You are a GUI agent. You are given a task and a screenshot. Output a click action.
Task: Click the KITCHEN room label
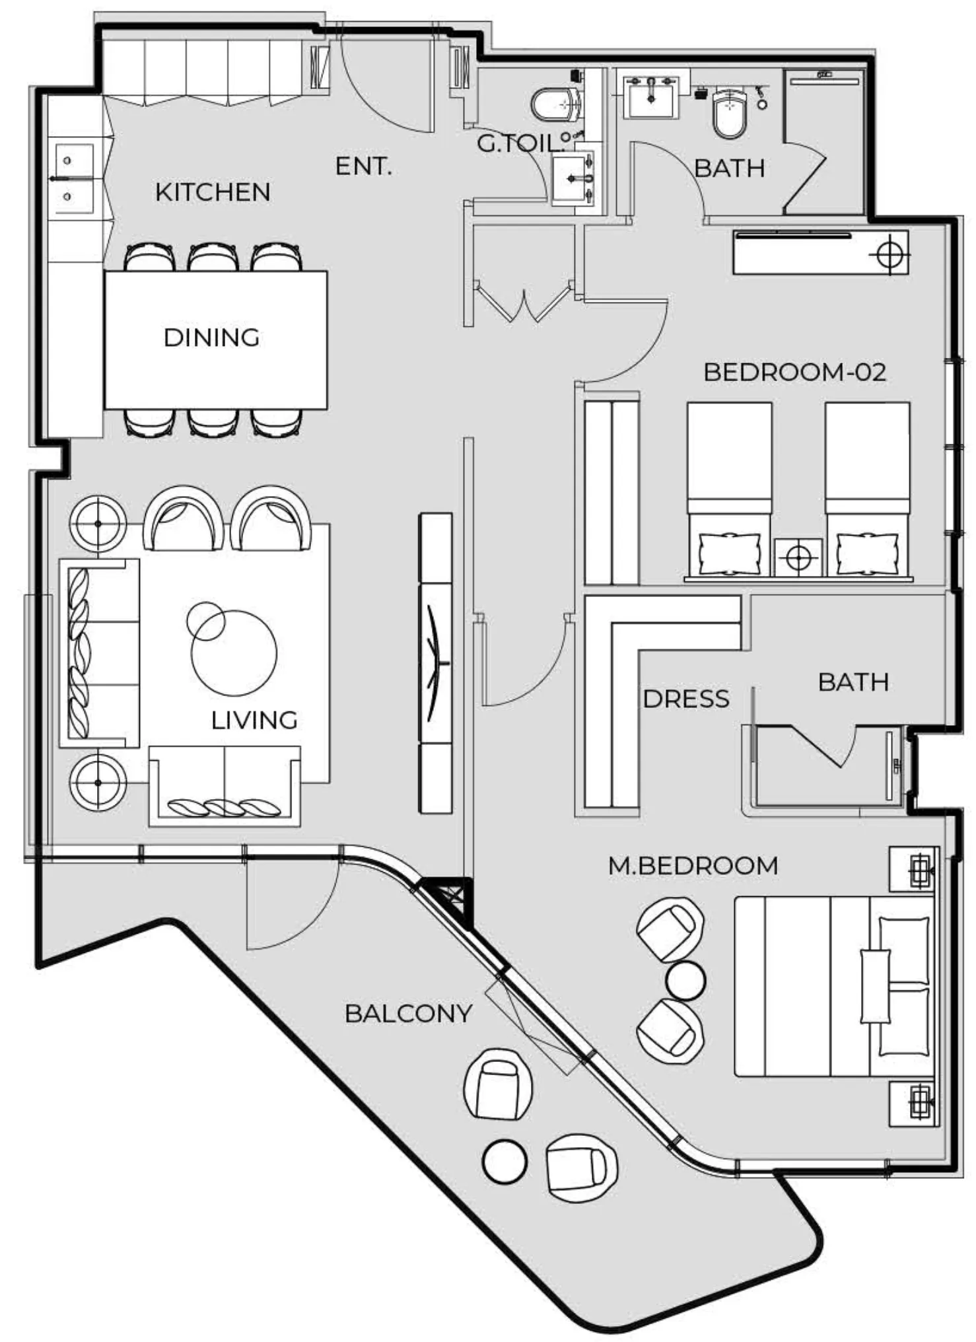pos(213,192)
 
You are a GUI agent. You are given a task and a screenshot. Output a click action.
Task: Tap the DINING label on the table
pos(211,337)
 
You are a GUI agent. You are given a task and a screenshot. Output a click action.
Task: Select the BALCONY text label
pos(408,1013)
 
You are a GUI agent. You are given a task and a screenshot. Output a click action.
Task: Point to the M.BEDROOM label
pos(693,865)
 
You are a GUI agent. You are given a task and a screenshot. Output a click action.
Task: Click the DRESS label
pos(686,699)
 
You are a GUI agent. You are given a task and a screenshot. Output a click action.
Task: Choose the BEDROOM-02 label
pos(794,372)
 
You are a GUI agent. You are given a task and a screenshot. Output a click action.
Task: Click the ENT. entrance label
pos(363,166)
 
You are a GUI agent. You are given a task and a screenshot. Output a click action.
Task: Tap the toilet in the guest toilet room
pos(556,104)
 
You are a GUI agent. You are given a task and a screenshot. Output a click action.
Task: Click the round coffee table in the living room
pos(234,653)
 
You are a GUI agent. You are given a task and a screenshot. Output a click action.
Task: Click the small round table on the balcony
pos(505,1161)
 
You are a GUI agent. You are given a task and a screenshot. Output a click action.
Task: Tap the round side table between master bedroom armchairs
pos(685,981)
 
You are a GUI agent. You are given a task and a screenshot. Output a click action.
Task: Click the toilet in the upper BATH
pos(730,112)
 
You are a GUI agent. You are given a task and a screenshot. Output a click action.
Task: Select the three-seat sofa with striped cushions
pos(99,653)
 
